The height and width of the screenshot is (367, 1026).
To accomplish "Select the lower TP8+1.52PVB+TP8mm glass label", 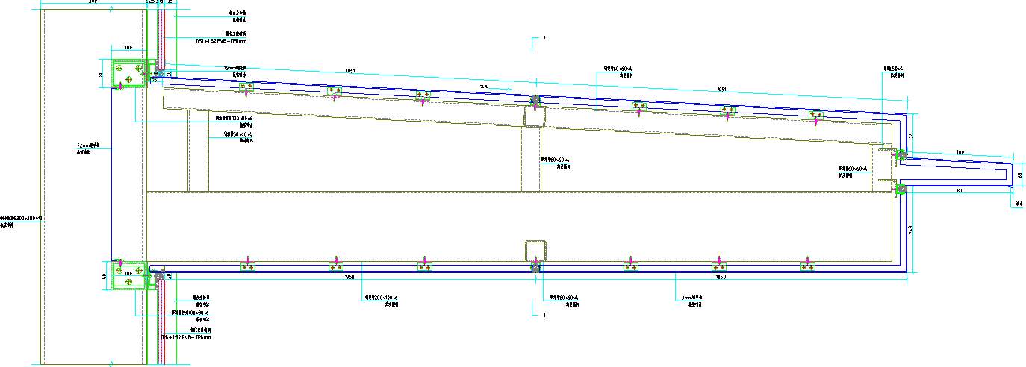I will click(x=187, y=337).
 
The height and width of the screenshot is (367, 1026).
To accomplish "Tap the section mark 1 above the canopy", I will click(x=545, y=37).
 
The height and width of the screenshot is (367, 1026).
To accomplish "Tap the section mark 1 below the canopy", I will click(x=545, y=316).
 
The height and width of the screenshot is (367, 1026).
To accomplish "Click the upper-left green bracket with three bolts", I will click(x=129, y=73).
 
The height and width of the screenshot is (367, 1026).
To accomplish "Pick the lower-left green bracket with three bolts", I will click(x=129, y=274).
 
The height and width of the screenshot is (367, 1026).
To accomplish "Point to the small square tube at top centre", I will click(x=535, y=116).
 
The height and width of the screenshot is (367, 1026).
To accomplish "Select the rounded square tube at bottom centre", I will click(x=535, y=251).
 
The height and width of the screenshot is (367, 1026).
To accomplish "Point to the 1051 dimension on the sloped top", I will click(x=350, y=72).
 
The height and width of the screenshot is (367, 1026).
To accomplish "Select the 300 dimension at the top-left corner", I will click(x=93, y=2).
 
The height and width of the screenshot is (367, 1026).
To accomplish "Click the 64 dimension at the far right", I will click(x=1020, y=175).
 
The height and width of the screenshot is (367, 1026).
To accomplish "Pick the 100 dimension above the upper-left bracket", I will click(x=128, y=48).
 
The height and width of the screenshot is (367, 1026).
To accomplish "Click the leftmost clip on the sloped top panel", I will click(x=246, y=88).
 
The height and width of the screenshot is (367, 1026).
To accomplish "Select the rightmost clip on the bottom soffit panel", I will click(x=806, y=266).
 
